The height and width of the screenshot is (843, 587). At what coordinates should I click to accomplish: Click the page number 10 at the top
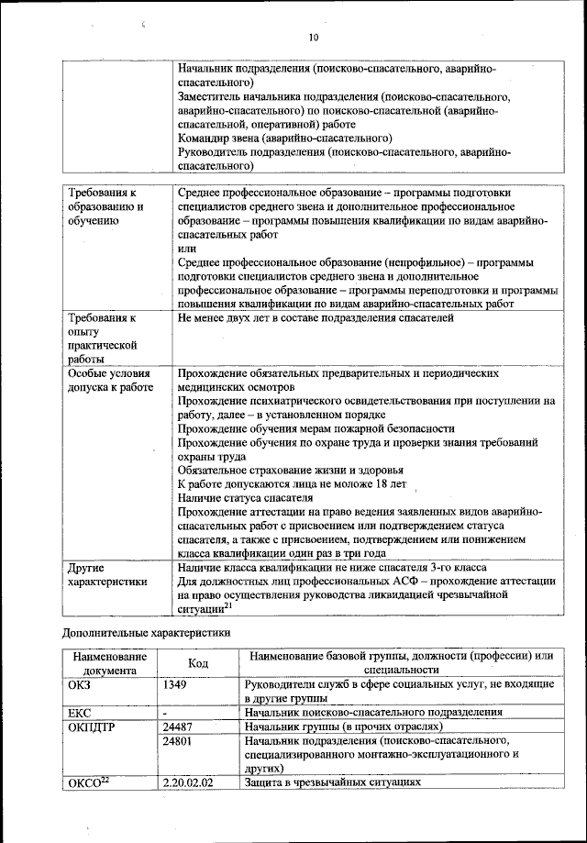coord(313,38)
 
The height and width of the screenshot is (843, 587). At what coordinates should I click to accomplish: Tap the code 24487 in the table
coord(179,726)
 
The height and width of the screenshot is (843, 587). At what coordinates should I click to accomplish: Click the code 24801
coord(179,739)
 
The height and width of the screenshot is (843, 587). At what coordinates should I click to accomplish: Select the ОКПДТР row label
coord(92,726)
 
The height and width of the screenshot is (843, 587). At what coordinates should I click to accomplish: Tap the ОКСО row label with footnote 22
coord(90,782)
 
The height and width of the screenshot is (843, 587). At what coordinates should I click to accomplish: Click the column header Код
coord(197,662)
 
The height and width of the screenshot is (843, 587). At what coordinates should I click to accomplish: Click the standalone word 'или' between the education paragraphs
coord(186,249)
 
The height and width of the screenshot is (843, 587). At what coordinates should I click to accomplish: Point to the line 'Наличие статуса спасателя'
coord(238,496)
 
